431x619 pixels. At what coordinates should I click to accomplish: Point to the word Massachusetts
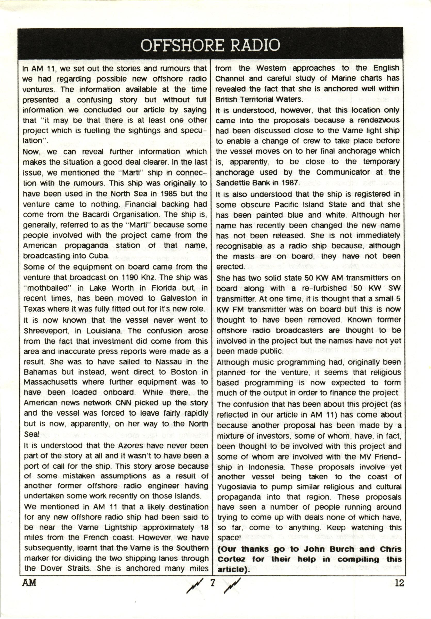(x=50, y=382)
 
